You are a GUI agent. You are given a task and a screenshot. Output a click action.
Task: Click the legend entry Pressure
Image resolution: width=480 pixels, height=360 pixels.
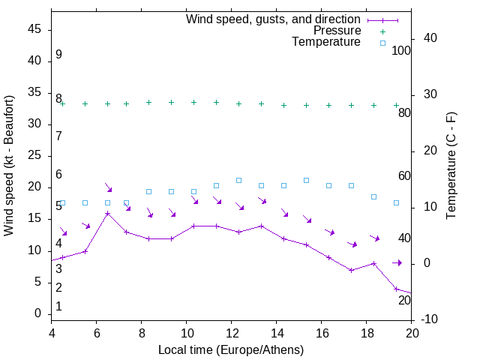tap(337, 31)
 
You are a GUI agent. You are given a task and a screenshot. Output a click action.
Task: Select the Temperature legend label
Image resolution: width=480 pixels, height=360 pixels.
tap(326, 42)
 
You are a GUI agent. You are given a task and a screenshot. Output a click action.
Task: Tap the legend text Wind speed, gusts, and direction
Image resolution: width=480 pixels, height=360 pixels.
tap(273, 19)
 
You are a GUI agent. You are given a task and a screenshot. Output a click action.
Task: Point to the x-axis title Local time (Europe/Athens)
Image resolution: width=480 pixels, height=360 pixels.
tap(231, 349)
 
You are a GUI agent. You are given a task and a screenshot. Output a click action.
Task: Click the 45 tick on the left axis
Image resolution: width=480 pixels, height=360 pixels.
tap(34, 29)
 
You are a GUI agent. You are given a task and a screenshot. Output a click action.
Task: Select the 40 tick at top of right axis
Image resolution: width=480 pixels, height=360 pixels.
tap(431, 38)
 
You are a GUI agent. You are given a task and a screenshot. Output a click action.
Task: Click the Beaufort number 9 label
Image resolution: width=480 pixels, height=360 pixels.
tap(58, 55)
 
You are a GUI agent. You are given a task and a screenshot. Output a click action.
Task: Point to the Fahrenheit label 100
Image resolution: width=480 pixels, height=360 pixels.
tap(402, 50)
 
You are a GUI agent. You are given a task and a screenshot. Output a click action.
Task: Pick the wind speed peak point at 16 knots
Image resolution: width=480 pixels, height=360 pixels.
tap(108, 213)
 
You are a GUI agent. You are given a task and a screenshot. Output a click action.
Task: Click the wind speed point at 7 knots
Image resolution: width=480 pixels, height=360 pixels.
tap(351, 270)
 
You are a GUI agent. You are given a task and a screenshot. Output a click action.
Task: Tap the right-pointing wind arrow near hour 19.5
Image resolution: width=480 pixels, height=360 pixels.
tap(397, 262)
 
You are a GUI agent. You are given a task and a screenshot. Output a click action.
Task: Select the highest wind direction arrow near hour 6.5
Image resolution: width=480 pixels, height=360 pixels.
tap(108, 187)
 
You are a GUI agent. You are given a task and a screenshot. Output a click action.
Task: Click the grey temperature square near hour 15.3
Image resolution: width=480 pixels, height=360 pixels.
tap(306, 180)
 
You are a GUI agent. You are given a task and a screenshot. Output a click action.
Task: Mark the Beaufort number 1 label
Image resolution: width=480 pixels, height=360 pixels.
tap(58, 307)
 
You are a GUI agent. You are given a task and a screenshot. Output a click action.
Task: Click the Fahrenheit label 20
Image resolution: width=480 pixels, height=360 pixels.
tap(404, 300)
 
